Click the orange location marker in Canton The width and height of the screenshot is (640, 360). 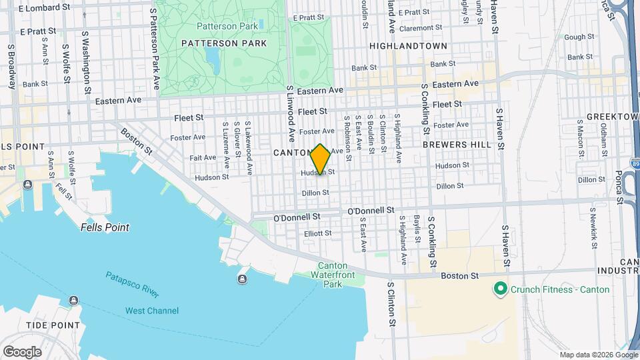tap(321, 159)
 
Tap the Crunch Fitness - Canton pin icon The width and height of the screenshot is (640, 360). tap(499, 289)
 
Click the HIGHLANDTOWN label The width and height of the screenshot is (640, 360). tap(408, 46)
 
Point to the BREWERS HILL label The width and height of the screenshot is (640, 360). tap(457, 144)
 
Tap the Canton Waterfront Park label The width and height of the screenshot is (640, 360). tap(332, 275)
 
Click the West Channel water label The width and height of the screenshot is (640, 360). tap(152, 311)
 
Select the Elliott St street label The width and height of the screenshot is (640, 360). tap(318, 233)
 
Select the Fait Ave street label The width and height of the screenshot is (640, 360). tap(203, 157)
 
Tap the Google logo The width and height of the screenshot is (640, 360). tap(22, 351)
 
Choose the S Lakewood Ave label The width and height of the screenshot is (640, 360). tap(248, 149)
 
